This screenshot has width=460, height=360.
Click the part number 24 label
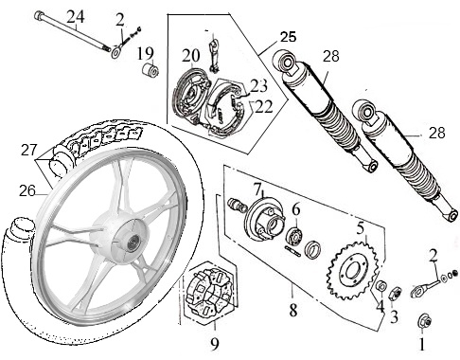click(x=76, y=17)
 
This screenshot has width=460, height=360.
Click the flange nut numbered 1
click(x=424, y=321)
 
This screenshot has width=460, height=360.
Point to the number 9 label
click(x=215, y=344)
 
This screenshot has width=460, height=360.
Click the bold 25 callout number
click(x=289, y=37)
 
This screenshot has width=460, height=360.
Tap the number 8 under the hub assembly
click(x=293, y=311)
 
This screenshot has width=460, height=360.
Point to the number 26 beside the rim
click(x=27, y=190)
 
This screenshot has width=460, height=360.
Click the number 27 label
click(x=29, y=150)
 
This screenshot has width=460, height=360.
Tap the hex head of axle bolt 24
click(x=39, y=14)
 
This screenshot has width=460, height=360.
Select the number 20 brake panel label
click(x=191, y=56)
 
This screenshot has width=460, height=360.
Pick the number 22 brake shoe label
click(x=264, y=107)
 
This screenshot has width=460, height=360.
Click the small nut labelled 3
click(x=395, y=294)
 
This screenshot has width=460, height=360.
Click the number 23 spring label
click(x=258, y=86)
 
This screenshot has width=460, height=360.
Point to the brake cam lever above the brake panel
click(x=213, y=53)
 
